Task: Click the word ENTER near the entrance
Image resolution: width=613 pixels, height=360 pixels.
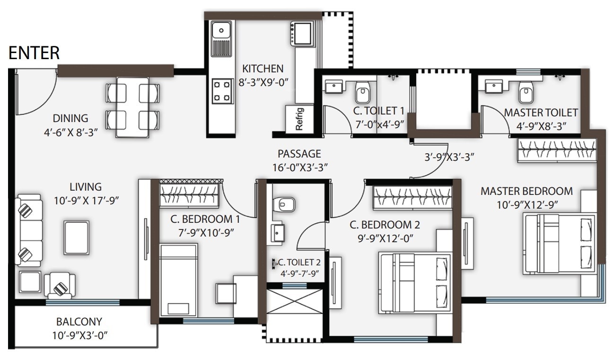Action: [34, 53]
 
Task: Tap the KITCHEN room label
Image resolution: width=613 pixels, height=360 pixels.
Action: [263, 69]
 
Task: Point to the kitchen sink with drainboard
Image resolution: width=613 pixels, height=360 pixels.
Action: [220, 40]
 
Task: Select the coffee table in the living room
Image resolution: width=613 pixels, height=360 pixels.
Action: [76, 238]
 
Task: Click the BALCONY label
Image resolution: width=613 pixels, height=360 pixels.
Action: [79, 322]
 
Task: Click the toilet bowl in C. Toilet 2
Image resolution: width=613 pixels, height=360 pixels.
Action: [286, 205]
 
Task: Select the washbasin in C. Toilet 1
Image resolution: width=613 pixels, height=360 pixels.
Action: [335, 87]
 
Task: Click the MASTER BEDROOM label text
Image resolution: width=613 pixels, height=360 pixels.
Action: [526, 191]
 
